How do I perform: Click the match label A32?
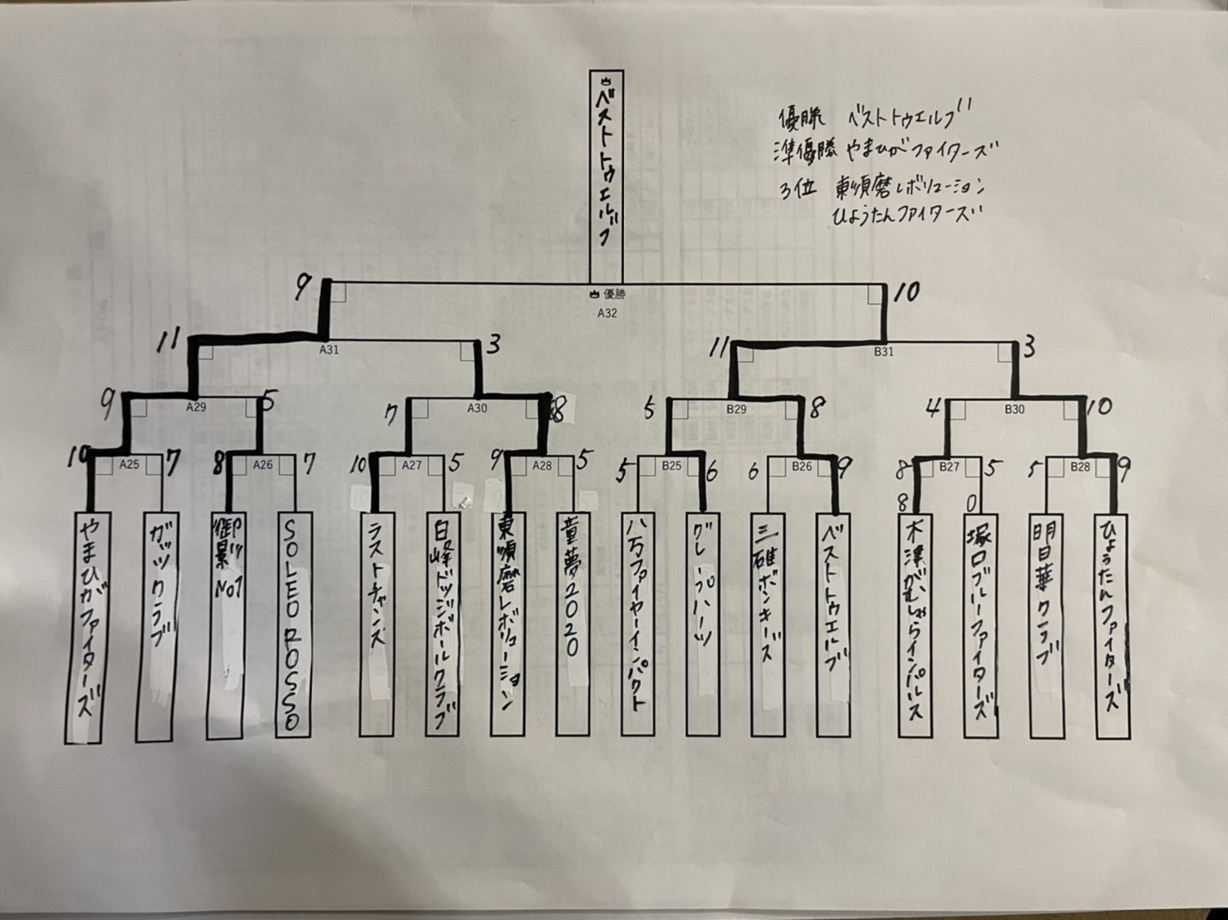[x=607, y=314]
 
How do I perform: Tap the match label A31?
[x=329, y=350]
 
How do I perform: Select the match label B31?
[x=883, y=352]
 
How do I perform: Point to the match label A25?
[x=129, y=464]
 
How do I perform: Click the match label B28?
[x=1080, y=467]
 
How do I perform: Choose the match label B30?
[x=1014, y=409]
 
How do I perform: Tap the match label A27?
[x=412, y=465]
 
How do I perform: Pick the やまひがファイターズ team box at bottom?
[x=84, y=627]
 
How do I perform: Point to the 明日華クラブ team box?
[x=1047, y=624]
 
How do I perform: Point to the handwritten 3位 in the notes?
[x=796, y=188]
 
